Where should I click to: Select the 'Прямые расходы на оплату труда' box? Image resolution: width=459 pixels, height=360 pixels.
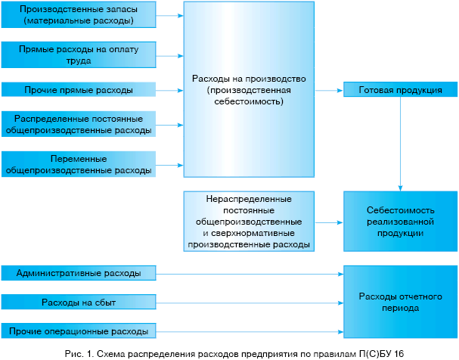click(x=78, y=52)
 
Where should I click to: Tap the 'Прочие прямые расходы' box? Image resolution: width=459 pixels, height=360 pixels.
click(x=78, y=90)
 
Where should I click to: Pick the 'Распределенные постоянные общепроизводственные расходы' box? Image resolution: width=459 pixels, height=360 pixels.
click(x=78, y=125)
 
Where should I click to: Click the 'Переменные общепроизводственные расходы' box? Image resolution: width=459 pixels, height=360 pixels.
click(x=78, y=164)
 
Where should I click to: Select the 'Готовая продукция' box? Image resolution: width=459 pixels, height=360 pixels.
click(x=400, y=90)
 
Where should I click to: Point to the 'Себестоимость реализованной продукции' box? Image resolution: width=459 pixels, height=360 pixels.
click(x=400, y=222)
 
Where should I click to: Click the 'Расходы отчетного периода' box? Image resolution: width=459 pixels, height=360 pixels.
click(x=400, y=303)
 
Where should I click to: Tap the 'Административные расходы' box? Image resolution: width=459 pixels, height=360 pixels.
click(x=78, y=272)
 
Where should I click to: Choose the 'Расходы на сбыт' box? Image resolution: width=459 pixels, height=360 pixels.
click(x=78, y=303)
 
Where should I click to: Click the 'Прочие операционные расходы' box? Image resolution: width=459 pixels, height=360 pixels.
click(x=78, y=331)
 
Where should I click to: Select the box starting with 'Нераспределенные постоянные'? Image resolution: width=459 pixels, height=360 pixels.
click(x=249, y=222)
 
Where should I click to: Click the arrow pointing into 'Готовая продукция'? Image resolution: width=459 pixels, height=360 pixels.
click(x=328, y=90)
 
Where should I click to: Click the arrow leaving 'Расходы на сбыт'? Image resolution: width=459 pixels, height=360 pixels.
click(x=250, y=303)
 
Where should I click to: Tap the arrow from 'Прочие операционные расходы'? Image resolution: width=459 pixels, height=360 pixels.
click(x=250, y=331)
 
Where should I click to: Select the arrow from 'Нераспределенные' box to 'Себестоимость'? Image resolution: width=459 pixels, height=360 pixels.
click(x=328, y=222)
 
